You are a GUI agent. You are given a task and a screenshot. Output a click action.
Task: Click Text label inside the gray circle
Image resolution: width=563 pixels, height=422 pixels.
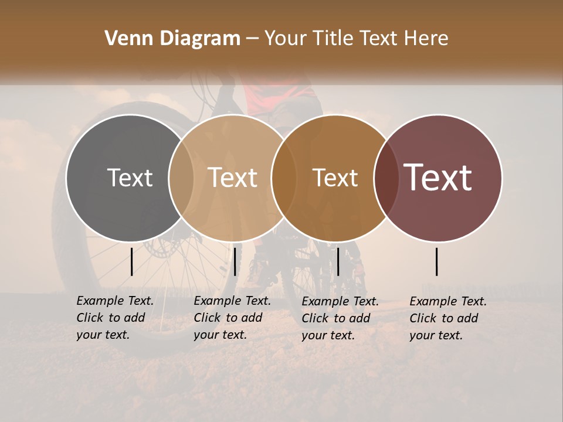coord(130,178)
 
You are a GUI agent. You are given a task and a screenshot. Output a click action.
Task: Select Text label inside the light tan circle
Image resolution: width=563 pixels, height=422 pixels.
coord(232,178)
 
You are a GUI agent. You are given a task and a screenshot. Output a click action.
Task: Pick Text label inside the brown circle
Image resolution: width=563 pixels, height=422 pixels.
coord(335,178)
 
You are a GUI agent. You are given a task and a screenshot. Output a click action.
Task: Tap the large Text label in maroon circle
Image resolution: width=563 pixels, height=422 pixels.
coord(438,178)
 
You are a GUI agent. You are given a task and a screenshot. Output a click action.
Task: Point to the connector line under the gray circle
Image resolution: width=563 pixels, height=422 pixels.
coord(132,261)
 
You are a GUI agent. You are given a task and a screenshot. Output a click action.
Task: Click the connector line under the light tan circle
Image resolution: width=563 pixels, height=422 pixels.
coord(235,261)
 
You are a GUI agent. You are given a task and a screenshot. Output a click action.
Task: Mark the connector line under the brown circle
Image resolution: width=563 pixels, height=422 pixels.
coord(338,261)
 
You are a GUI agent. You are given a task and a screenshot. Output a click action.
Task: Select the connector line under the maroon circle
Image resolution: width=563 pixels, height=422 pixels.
coord(437,261)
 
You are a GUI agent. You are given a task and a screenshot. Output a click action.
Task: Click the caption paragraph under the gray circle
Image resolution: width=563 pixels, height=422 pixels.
coord(114,318)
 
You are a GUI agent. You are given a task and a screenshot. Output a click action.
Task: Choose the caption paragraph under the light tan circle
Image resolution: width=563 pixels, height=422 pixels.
coord(232,318)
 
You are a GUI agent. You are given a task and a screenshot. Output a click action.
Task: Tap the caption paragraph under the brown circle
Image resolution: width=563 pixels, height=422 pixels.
coord(340,318)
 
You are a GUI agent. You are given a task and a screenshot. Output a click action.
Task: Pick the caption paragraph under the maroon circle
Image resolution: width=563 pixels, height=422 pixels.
coord(447,318)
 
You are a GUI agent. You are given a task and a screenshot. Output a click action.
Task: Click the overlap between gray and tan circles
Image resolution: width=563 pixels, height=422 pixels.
coord(181,178)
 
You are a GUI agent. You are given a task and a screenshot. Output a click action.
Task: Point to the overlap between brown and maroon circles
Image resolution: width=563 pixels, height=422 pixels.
coord(386,178)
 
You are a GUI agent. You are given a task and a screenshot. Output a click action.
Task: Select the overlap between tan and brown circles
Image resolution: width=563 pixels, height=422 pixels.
coord(284,178)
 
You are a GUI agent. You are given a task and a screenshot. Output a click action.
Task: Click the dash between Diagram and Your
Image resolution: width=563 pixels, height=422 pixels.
coord(252,39)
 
